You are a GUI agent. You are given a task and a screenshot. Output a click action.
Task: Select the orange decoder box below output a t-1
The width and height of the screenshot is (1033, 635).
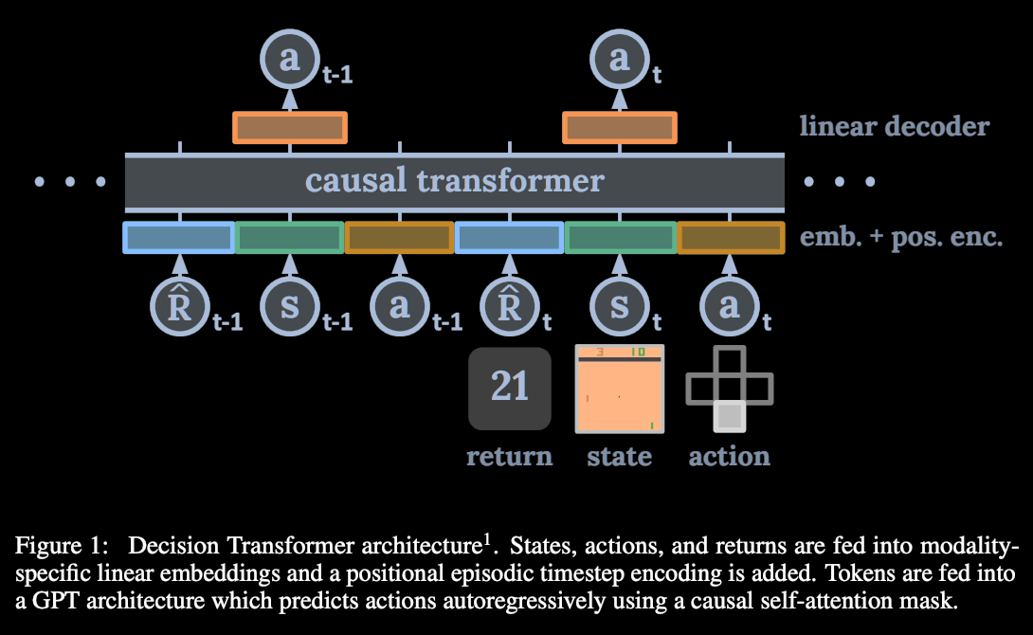point(291,127)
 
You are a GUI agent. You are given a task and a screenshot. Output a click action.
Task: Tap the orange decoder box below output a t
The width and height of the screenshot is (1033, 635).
point(620,127)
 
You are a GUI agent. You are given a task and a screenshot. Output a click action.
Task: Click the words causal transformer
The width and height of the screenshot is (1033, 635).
point(455,181)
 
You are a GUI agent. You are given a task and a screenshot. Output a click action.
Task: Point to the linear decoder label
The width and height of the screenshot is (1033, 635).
point(895,126)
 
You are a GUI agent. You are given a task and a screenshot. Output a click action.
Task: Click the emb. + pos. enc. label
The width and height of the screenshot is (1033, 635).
point(900,236)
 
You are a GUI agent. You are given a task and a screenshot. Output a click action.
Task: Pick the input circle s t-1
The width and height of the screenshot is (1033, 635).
point(290,307)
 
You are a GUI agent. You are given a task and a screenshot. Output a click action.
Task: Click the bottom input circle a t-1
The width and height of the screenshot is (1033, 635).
point(399,307)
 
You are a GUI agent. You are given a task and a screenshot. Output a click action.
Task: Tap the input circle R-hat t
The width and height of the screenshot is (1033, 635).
point(509,307)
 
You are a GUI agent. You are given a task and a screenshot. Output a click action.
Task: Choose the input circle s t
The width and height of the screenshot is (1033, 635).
point(620,307)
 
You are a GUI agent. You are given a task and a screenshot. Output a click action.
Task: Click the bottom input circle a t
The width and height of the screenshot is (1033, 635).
point(730,307)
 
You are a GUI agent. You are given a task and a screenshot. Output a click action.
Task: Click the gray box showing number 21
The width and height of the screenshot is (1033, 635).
point(510,388)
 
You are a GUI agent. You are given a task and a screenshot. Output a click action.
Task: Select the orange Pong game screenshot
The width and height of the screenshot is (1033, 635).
point(620,389)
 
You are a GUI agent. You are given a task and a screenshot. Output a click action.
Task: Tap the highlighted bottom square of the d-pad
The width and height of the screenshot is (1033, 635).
point(729,416)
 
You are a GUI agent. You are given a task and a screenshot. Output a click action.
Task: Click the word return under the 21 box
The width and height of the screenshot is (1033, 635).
point(509,456)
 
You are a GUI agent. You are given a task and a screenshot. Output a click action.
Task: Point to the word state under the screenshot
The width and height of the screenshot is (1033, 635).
point(619,456)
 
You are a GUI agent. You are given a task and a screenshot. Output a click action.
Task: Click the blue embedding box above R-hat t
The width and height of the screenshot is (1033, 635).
point(509,237)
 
